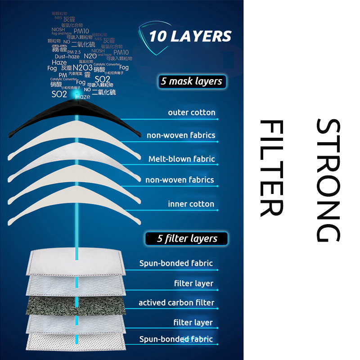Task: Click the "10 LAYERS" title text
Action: click(x=190, y=36)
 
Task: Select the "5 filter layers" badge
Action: click(x=187, y=238)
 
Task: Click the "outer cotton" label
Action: click(x=192, y=112)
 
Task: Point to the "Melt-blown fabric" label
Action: click(x=182, y=159)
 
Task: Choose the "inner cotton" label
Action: click(x=191, y=204)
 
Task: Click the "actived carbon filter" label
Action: click(x=176, y=303)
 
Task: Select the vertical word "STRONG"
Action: click(x=328, y=180)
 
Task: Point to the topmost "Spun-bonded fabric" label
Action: click(x=176, y=263)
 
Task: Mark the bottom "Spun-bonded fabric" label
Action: click(x=176, y=339)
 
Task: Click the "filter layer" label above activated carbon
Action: click(x=193, y=283)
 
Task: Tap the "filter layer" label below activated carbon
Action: click(x=193, y=322)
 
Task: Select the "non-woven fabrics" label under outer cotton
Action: click(x=181, y=135)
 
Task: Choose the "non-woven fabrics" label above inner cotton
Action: click(x=180, y=180)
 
